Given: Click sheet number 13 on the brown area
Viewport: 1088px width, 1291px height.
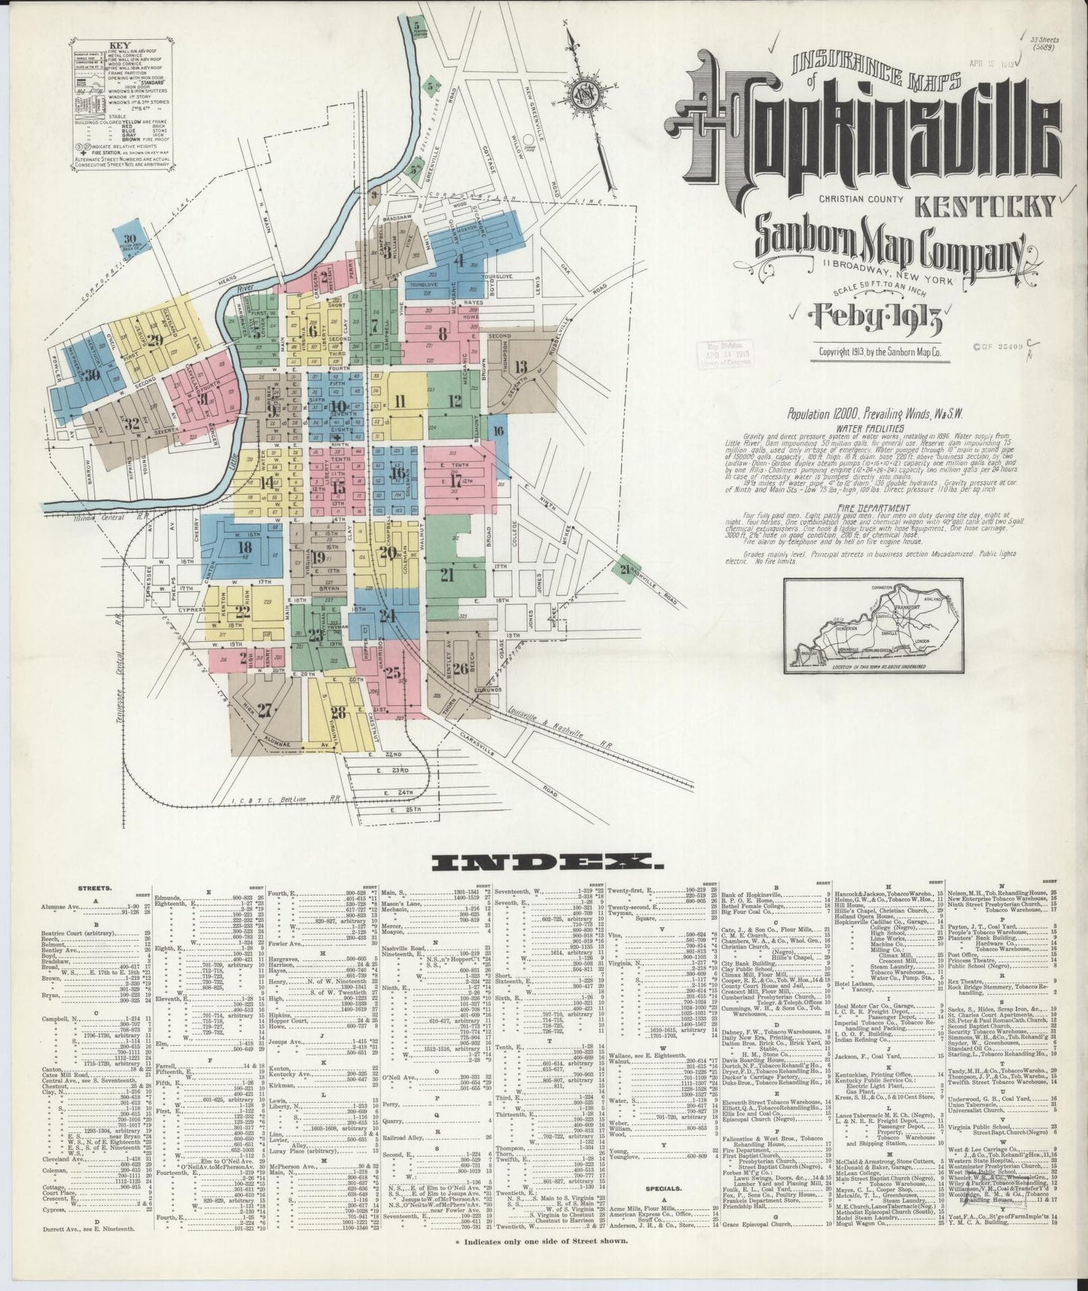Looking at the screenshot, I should coord(521,368).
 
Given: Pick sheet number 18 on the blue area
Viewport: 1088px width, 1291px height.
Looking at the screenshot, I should coord(244,547).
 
